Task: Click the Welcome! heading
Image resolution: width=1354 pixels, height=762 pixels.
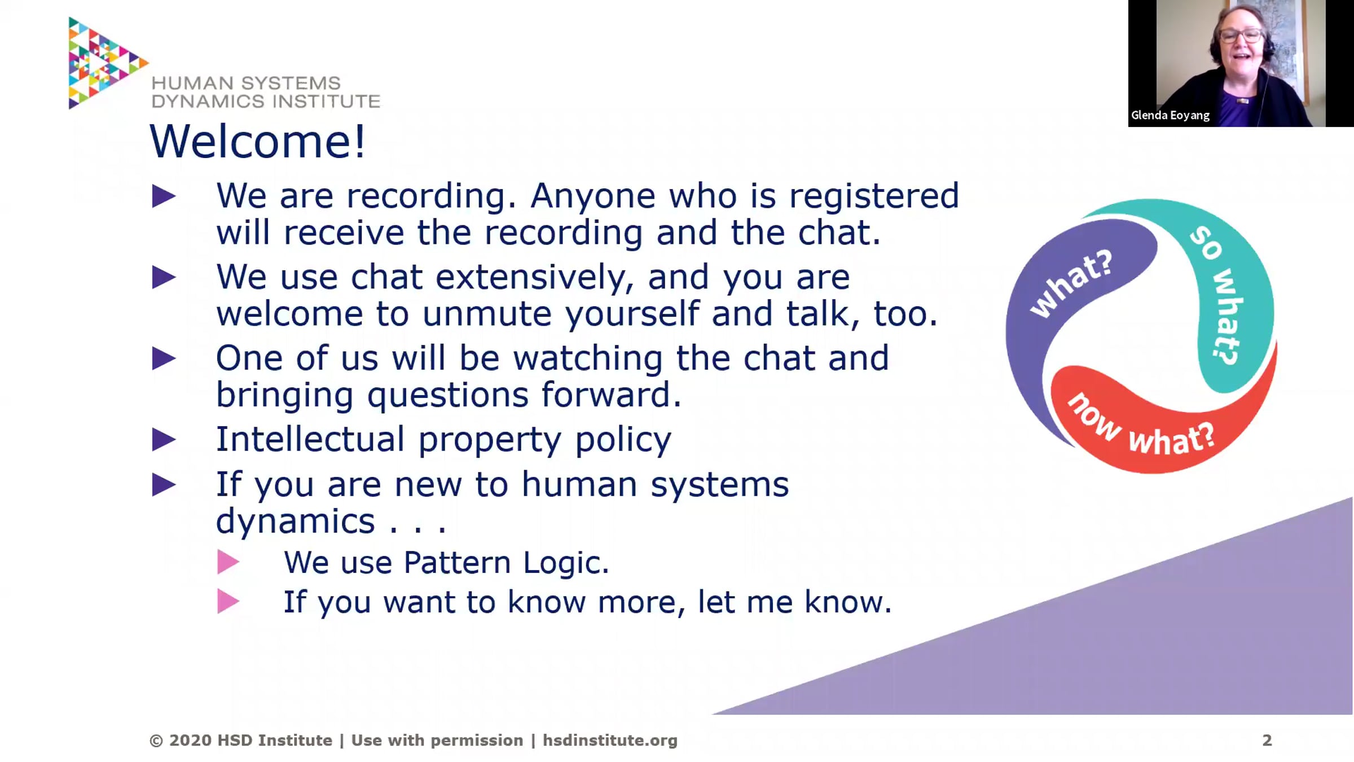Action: point(257,141)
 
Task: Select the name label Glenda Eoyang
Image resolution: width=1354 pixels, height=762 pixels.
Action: point(1170,115)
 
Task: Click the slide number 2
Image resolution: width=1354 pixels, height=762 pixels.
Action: point(1267,740)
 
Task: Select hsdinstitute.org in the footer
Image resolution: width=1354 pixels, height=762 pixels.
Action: point(610,741)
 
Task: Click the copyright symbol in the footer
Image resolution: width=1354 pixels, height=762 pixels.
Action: point(156,741)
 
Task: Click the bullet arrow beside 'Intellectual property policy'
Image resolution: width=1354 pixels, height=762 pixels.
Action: point(164,440)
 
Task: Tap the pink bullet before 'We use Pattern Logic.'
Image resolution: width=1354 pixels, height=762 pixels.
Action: point(228,562)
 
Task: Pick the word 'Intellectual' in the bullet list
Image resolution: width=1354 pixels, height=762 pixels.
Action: point(310,439)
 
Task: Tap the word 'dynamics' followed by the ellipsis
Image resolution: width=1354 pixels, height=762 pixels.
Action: point(296,522)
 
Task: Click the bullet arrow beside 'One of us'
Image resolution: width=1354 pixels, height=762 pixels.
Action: point(164,359)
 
